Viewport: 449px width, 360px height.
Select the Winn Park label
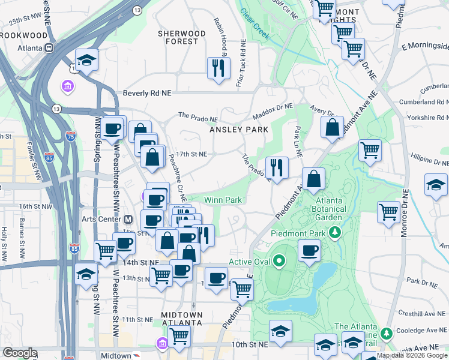click(223, 199)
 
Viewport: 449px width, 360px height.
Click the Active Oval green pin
click(279, 262)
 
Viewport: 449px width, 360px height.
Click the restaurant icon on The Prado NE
click(277, 167)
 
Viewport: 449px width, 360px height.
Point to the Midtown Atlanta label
click(181, 319)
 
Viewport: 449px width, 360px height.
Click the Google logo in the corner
click(20, 352)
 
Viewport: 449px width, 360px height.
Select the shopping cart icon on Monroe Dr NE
click(389, 211)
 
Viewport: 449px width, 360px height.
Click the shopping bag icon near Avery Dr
click(332, 127)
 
